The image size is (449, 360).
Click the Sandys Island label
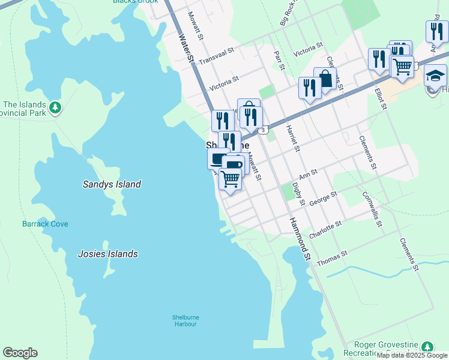(x=112, y=184)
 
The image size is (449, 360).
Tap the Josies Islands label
(x=107, y=254)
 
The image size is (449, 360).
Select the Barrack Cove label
(x=45, y=224)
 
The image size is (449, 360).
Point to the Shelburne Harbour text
(x=185, y=320)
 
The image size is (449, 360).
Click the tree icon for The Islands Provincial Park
(x=55, y=107)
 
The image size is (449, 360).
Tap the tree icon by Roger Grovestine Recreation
(x=427, y=346)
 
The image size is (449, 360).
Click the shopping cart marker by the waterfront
(x=230, y=178)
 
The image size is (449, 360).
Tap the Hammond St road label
(x=300, y=239)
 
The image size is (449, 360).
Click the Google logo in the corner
(x=20, y=353)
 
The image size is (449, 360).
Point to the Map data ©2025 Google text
(x=412, y=355)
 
